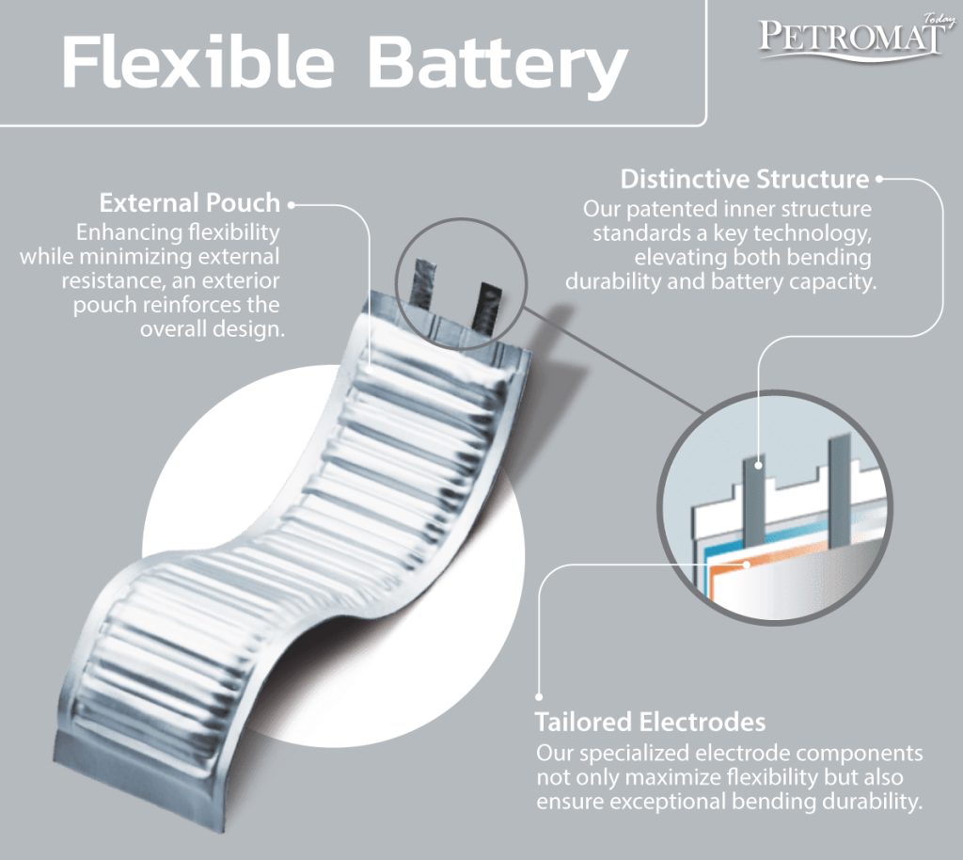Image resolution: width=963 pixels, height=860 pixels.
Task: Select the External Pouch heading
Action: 190,202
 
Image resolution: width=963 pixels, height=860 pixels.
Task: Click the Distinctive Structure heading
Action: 744,179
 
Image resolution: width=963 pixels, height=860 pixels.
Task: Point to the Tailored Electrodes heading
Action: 650,723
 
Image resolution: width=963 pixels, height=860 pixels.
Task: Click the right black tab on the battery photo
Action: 487,304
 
